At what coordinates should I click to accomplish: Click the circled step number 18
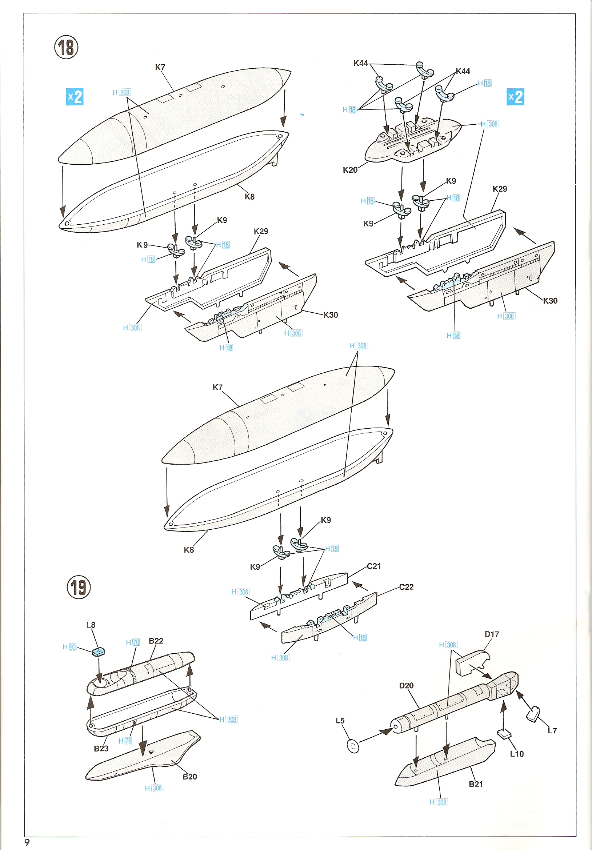(x=66, y=47)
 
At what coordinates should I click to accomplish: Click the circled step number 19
(x=79, y=587)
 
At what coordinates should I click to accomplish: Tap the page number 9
(x=27, y=842)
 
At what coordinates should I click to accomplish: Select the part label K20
(x=350, y=170)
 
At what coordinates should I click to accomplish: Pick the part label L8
(x=91, y=625)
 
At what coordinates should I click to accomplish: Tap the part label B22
(x=156, y=641)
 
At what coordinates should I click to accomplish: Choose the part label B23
(x=101, y=748)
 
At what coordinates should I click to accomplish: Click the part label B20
(x=189, y=777)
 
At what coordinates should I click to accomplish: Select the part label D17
(x=492, y=634)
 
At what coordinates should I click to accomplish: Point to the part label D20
(x=406, y=685)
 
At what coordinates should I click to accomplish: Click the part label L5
(x=340, y=721)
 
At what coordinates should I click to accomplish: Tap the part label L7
(x=552, y=730)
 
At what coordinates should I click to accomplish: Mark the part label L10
(x=517, y=754)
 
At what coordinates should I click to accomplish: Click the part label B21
(x=476, y=784)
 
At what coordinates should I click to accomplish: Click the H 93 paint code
(x=69, y=647)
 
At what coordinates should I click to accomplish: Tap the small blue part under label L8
(x=99, y=652)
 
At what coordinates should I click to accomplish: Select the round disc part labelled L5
(x=353, y=746)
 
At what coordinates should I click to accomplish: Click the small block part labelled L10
(x=504, y=733)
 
